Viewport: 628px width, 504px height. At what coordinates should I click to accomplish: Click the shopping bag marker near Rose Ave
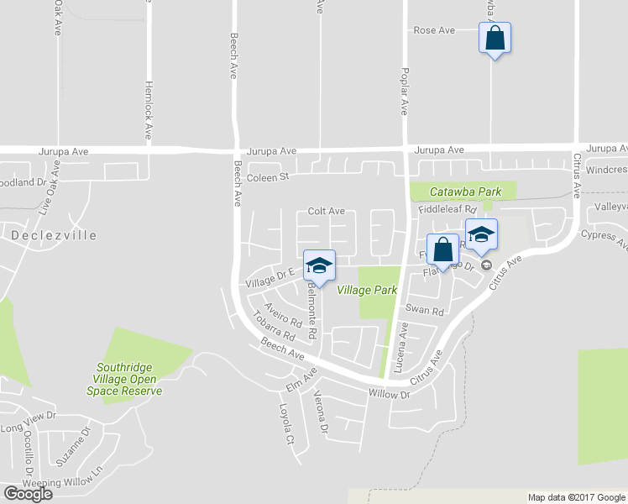pos(495,38)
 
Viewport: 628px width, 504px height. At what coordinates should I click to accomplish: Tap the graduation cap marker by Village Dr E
pos(318,266)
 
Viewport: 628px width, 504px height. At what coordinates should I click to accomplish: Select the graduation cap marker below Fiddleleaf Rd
pos(481,234)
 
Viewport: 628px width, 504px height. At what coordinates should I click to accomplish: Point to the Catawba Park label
pos(466,192)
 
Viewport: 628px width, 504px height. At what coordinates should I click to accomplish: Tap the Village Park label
pos(367,290)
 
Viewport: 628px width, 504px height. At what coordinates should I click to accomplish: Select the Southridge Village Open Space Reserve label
pos(129,379)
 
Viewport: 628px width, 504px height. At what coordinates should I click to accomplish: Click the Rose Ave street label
pos(434,30)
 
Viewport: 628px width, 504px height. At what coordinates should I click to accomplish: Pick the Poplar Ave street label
pos(404,91)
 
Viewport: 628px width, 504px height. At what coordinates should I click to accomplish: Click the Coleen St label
pos(267,176)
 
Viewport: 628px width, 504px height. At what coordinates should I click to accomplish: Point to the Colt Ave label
pos(327,211)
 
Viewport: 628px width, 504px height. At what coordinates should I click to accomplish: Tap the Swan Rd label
pos(425,310)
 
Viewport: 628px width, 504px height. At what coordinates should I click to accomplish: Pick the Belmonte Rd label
pos(312,307)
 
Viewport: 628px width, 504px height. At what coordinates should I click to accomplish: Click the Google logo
pos(27,493)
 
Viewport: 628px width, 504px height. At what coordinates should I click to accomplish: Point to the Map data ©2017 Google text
pos(576,497)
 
